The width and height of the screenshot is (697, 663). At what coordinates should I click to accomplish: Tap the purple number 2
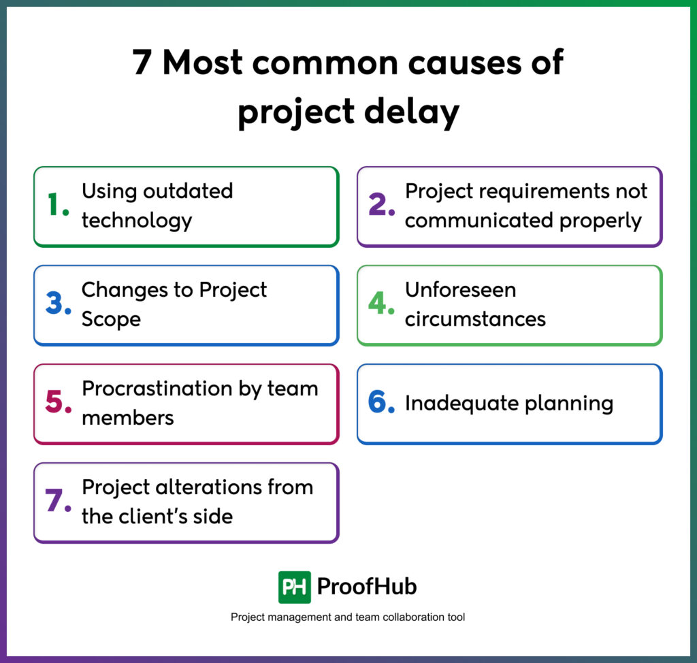tap(381, 206)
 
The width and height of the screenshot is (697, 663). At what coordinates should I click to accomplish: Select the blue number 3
tap(58, 304)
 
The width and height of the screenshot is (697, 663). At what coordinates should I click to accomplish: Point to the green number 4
tap(381, 304)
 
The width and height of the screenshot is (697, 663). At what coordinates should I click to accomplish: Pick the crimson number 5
tap(58, 403)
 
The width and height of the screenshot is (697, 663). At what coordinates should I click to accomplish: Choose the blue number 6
tap(381, 403)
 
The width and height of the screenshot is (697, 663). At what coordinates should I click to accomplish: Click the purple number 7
tap(58, 502)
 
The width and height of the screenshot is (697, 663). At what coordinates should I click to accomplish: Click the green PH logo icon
tap(294, 587)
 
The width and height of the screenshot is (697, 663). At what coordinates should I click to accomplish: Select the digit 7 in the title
tap(142, 64)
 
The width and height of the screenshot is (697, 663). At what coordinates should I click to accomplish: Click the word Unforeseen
tap(460, 290)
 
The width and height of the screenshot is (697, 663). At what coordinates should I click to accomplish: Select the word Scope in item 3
tap(111, 319)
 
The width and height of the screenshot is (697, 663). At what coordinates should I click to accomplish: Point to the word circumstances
tap(475, 319)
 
